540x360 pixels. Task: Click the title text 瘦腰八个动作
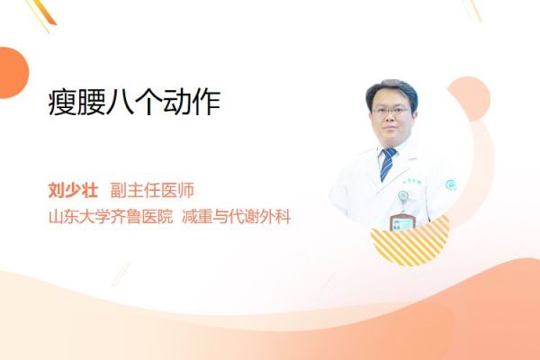point(134,102)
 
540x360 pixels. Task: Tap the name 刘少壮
point(73,190)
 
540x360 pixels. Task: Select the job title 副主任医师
point(153,190)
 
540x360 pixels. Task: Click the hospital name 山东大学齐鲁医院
point(110,217)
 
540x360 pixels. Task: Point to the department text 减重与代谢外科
point(236,217)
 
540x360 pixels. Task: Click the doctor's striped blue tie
point(387,164)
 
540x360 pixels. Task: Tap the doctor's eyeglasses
point(391,111)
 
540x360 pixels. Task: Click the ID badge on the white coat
point(402,222)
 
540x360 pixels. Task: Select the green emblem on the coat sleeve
point(451,185)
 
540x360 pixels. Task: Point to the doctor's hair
point(391,90)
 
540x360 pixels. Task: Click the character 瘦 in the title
point(62,103)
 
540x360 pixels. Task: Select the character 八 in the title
point(120,103)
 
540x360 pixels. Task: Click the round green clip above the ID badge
point(403,196)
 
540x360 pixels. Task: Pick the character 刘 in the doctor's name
point(57,190)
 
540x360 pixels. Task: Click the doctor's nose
point(391,118)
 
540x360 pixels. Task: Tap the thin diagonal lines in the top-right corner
point(474,10)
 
